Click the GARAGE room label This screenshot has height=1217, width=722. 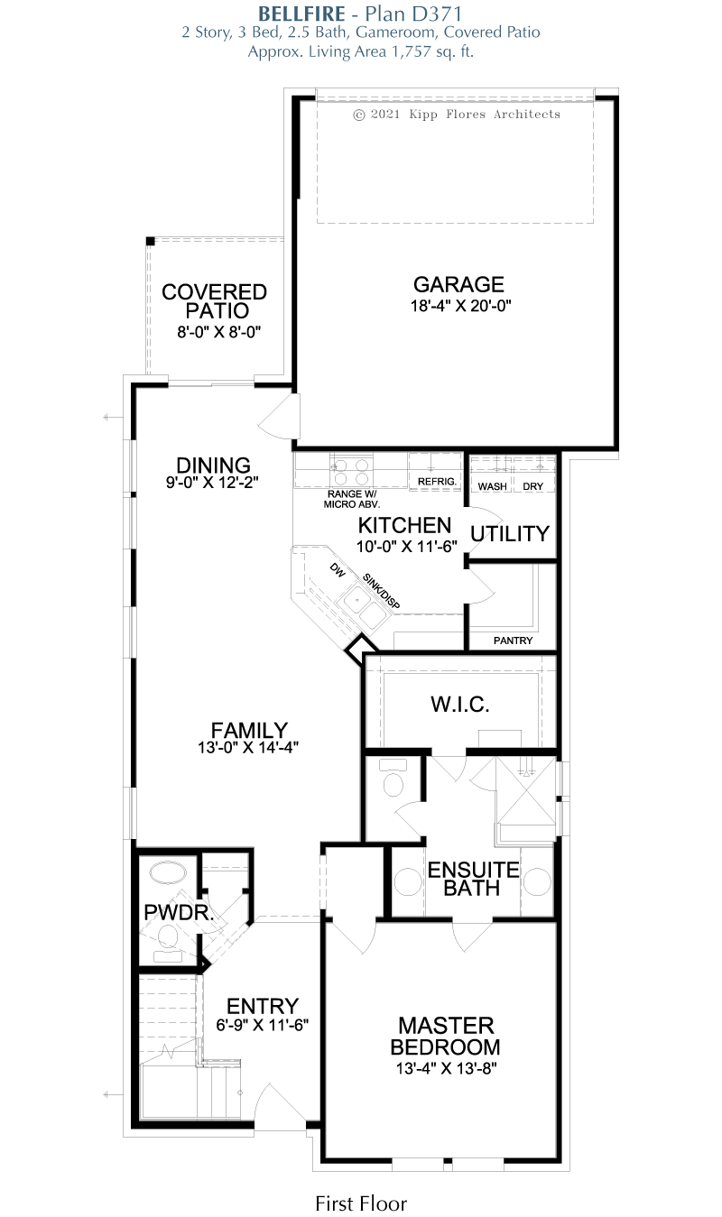click(x=458, y=284)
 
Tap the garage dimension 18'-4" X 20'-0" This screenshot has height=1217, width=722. click(x=460, y=306)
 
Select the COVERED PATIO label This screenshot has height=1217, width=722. click(x=214, y=301)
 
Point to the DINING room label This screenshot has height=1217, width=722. click(x=213, y=466)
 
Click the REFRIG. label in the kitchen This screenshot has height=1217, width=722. click(x=437, y=482)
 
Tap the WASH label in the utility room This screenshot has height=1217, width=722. click(x=492, y=486)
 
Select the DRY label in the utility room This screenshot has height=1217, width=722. click(x=532, y=486)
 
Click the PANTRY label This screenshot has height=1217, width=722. click(x=513, y=641)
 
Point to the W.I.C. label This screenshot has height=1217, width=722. click(x=460, y=704)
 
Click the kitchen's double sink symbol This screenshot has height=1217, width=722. click(x=363, y=606)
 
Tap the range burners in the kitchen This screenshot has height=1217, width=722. click(x=351, y=471)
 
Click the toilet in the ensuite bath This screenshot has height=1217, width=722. click(x=393, y=777)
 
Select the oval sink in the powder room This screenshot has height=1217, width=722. click(x=168, y=873)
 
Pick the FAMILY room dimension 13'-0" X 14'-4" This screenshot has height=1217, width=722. click(x=248, y=748)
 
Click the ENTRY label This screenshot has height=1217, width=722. click(x=263, y=1006)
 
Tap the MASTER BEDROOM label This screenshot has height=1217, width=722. click(x=445, y=1036)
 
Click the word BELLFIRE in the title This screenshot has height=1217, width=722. click(x=301, y=14)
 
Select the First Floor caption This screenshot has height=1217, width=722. click(x=361, y=1203)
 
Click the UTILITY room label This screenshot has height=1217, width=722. click(x=510, y=533)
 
